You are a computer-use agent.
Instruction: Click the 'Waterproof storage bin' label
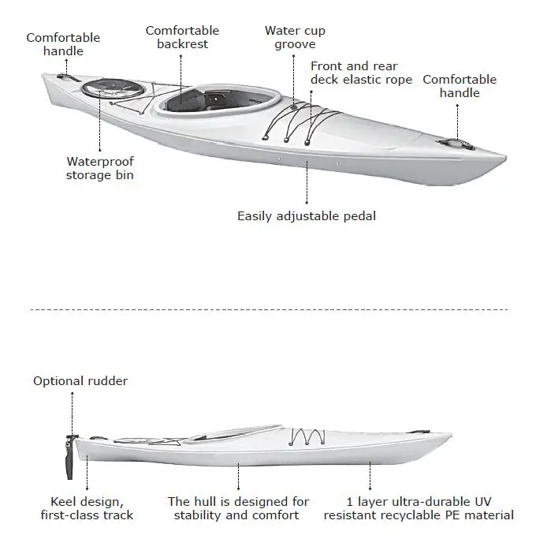(100, 168)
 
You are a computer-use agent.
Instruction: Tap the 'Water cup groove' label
(295, 37)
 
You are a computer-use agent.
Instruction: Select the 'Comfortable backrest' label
(182, 37)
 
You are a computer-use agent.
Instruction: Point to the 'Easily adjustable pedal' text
(307, 215)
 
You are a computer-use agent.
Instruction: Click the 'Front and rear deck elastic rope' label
(361, 73)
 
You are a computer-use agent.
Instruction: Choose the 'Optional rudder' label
(80, 381)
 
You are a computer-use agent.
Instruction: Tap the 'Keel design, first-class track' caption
(87, 508)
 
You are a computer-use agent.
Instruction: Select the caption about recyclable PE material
(419, 508)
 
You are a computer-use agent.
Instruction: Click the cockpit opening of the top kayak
(221, 101)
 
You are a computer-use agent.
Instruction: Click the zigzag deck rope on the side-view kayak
(307, 436)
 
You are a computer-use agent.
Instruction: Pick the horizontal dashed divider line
(268, 310)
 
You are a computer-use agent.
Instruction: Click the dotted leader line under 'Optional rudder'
(73, 412)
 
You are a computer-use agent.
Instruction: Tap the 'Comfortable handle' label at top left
(63, 44)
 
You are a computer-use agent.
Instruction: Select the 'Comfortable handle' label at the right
(460, 86)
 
